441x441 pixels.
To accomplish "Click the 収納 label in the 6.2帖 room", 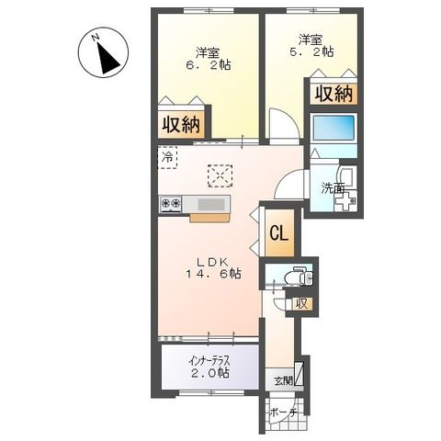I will point(184,125).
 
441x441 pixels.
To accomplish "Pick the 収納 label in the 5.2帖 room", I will point(334,93).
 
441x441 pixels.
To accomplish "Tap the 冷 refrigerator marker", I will point(169,157).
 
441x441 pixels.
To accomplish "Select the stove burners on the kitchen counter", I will point(172,204).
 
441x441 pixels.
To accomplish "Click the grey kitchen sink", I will point(216,204).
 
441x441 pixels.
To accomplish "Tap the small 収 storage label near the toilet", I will point(300,303).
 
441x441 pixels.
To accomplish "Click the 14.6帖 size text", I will point(211,275).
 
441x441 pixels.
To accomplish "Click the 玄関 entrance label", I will point(282,380).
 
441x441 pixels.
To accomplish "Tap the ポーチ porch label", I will point(284,413).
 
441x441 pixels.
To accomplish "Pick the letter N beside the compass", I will point(95,38).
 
